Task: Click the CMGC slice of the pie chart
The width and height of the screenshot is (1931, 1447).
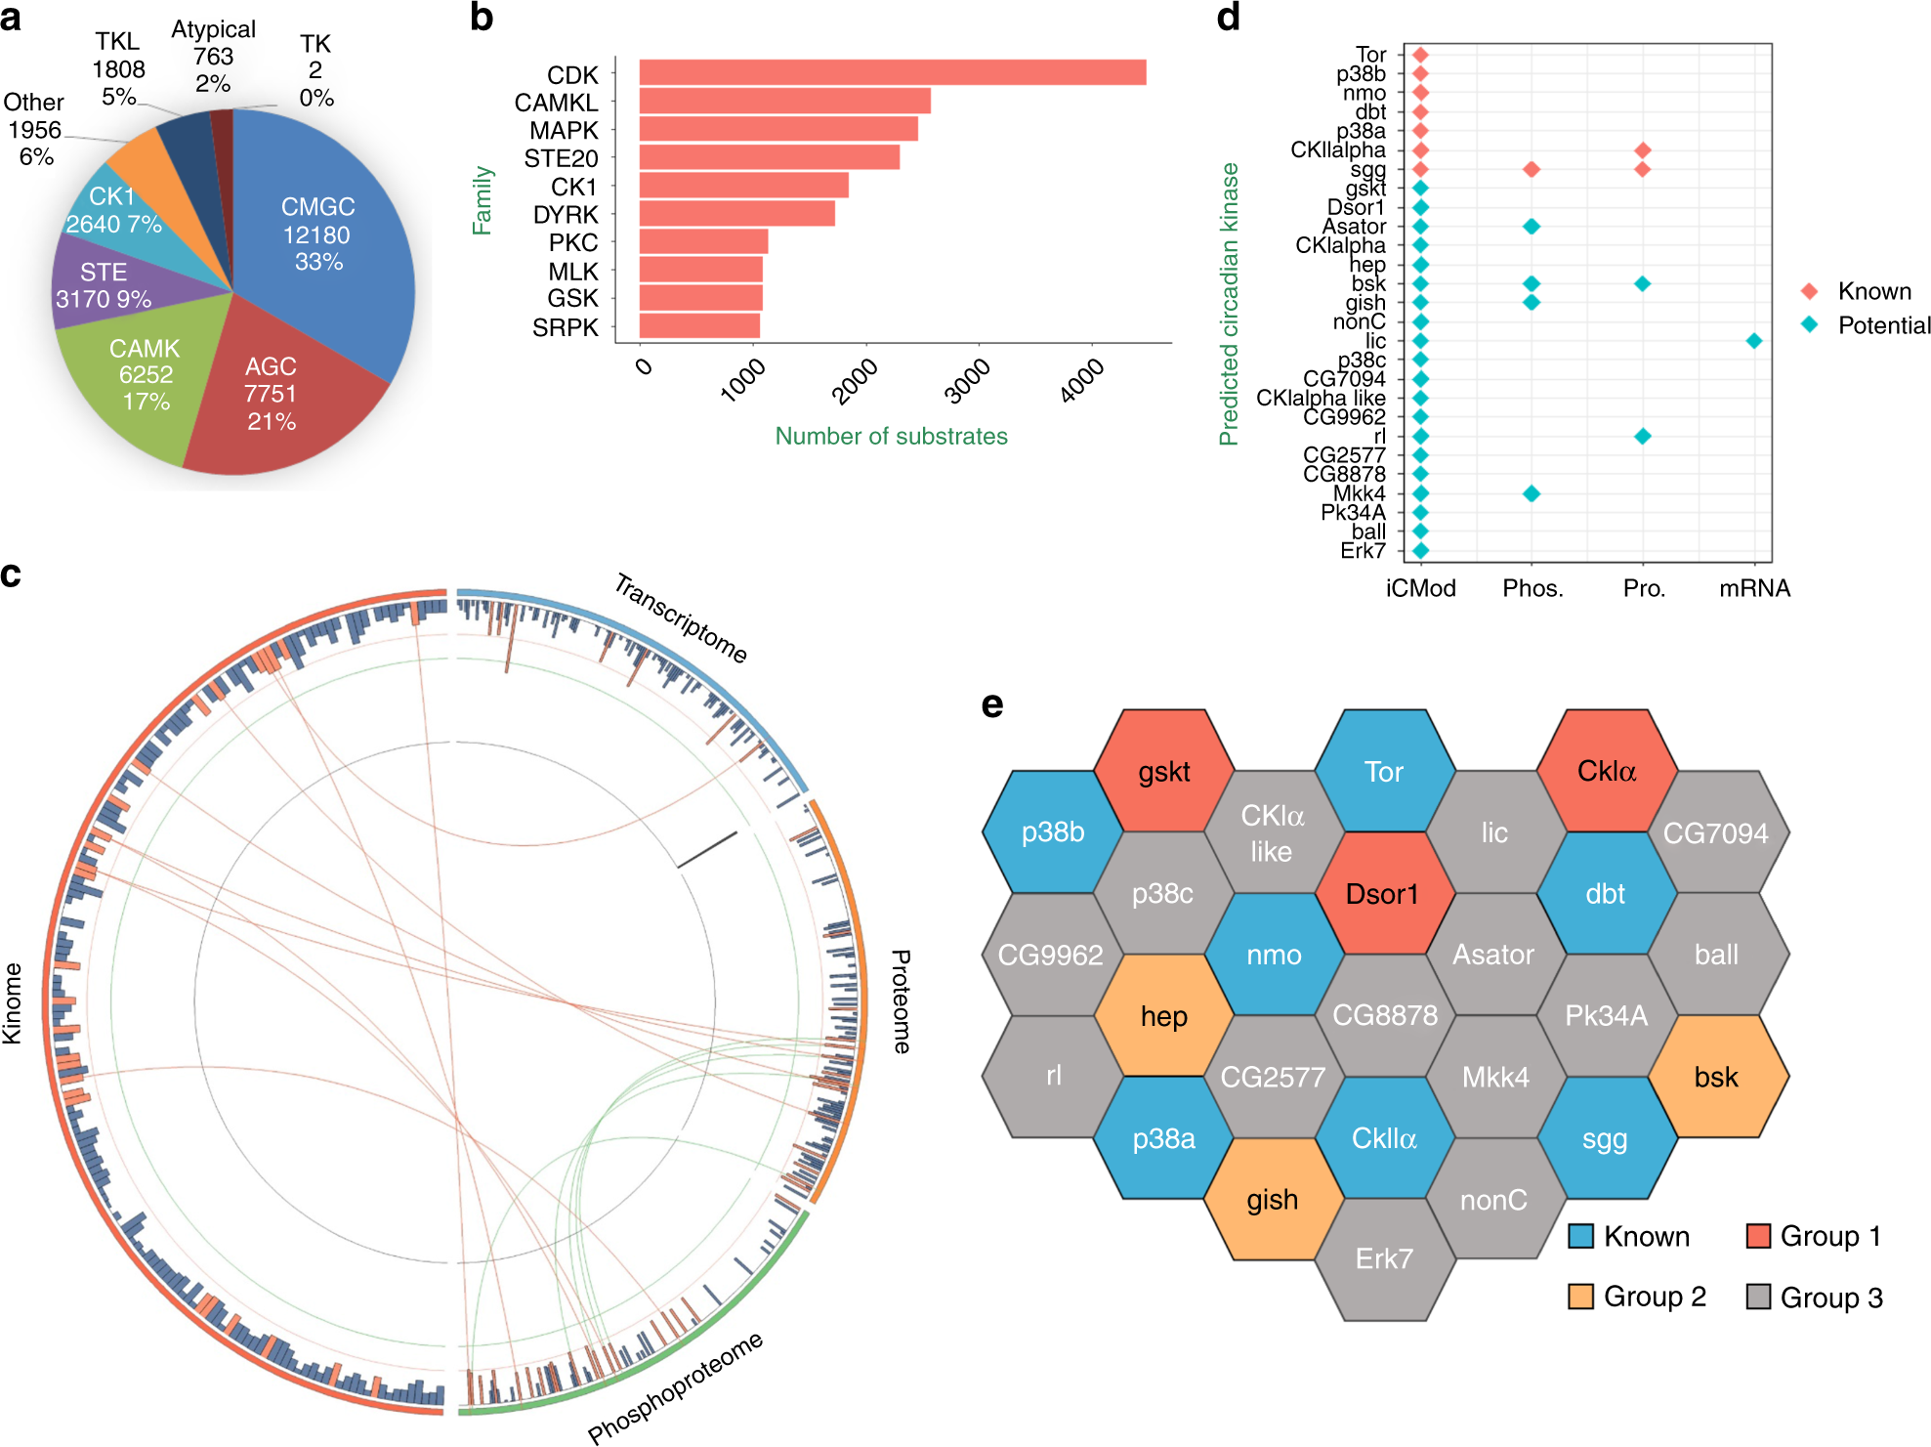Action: click(317, 234)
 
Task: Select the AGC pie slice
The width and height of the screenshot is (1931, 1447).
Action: click(272, 394)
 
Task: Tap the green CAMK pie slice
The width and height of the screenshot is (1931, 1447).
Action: click(145, 375)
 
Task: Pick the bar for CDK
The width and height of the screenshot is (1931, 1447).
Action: click(892, 73)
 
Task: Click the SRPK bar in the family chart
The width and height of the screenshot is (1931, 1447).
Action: click(699, 326)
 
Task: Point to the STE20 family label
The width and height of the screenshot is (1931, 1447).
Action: click(560, 158)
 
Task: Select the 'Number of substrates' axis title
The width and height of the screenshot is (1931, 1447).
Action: click(891, 436)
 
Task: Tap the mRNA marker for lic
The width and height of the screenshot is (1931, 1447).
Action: click(1754, 341)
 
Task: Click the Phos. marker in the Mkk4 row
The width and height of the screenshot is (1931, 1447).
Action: click(1532, 493)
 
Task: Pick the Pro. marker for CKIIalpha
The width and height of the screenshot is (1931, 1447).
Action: click(1643, 150)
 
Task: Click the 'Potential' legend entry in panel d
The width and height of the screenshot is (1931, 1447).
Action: click(1882, 325)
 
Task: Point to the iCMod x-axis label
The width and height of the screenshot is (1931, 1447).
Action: click(1420, 588)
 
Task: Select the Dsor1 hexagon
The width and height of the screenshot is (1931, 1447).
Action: click(1382, 894)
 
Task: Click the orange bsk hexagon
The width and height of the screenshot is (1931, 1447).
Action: click(1716, 1077)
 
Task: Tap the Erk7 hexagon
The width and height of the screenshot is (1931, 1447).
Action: click(1384, 1258)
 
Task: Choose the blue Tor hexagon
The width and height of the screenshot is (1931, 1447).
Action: click(1384, 772)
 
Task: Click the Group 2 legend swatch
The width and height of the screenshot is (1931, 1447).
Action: click(1579, 1297)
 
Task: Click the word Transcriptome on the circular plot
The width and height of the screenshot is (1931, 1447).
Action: click(681, 618)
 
